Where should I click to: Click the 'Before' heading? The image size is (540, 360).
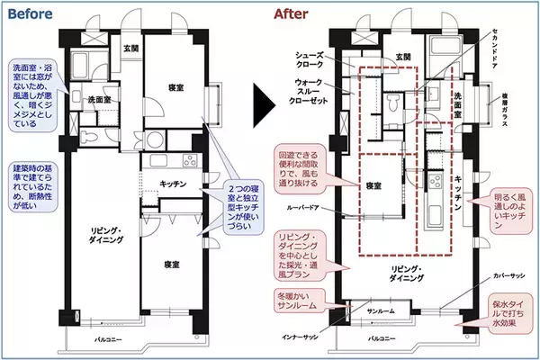[x=32, y=15]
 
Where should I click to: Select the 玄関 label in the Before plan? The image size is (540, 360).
[x=131, y=48]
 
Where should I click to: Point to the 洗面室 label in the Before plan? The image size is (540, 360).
[x=100, y=99]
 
